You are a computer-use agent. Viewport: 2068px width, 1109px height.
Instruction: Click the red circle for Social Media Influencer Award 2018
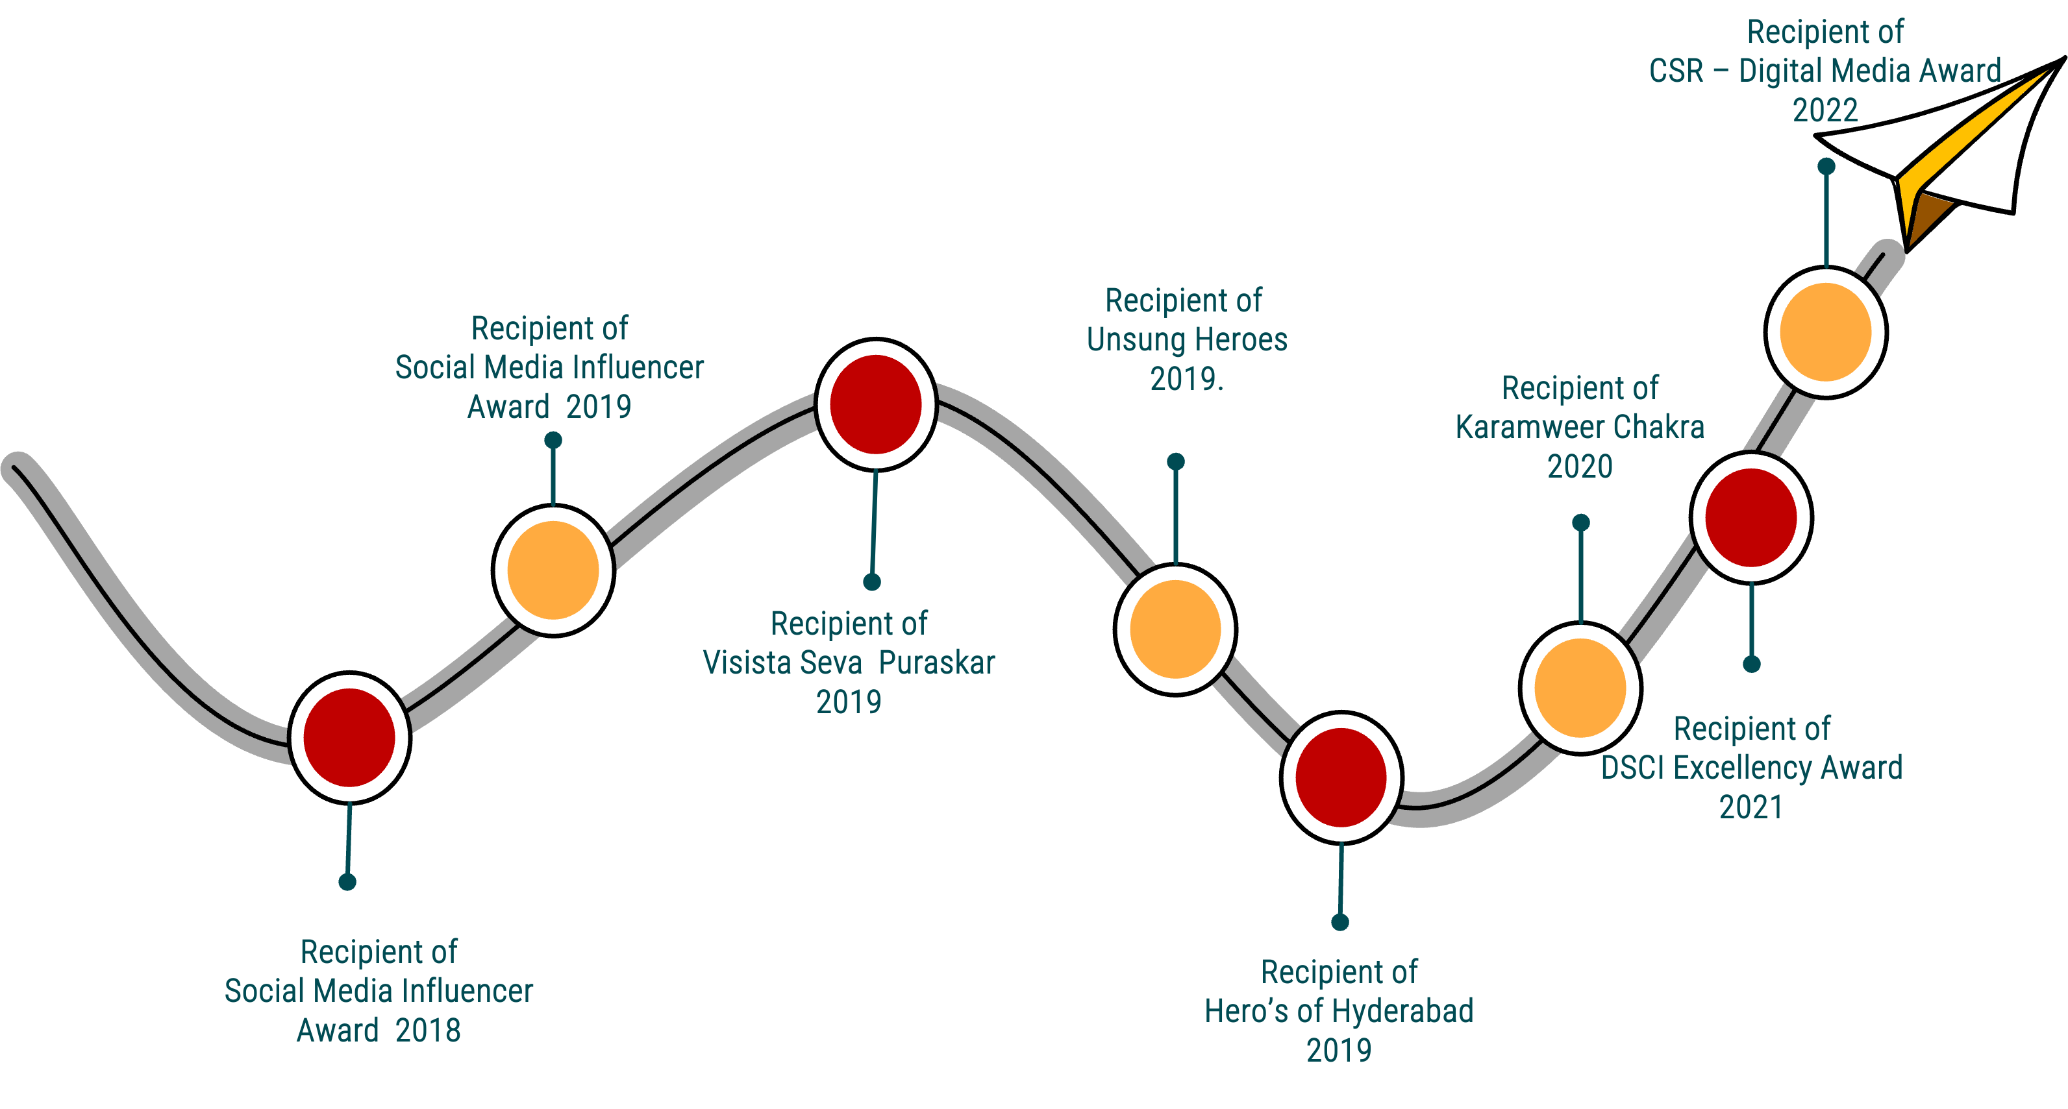tap(349, 737)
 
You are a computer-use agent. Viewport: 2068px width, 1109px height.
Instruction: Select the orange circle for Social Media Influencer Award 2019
tap(553, 570)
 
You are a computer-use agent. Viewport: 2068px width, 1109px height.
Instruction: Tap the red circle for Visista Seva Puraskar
tap(875, 404)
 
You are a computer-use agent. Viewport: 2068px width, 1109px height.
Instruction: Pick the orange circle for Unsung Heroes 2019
tap(1175, 629)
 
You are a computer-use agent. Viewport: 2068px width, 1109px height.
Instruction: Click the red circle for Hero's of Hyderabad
tap(1341, 777)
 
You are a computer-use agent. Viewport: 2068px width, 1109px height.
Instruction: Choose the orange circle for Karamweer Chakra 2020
tap(1580, 688)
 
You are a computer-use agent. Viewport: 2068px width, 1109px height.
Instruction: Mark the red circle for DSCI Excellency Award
tap(1751, 517)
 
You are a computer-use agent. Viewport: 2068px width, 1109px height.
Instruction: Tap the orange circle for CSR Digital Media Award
tap(1826, 332)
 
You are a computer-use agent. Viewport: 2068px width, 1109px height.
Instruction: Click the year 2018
tap(428, 1030)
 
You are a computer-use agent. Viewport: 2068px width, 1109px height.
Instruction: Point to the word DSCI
tap(1633, 768)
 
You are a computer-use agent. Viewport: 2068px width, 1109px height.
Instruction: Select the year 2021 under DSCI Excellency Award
tap(1751, 807)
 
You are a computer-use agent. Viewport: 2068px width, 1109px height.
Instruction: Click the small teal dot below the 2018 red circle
tap(347, 882)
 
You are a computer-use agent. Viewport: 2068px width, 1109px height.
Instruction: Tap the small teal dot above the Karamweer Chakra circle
tap(1580, 523)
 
